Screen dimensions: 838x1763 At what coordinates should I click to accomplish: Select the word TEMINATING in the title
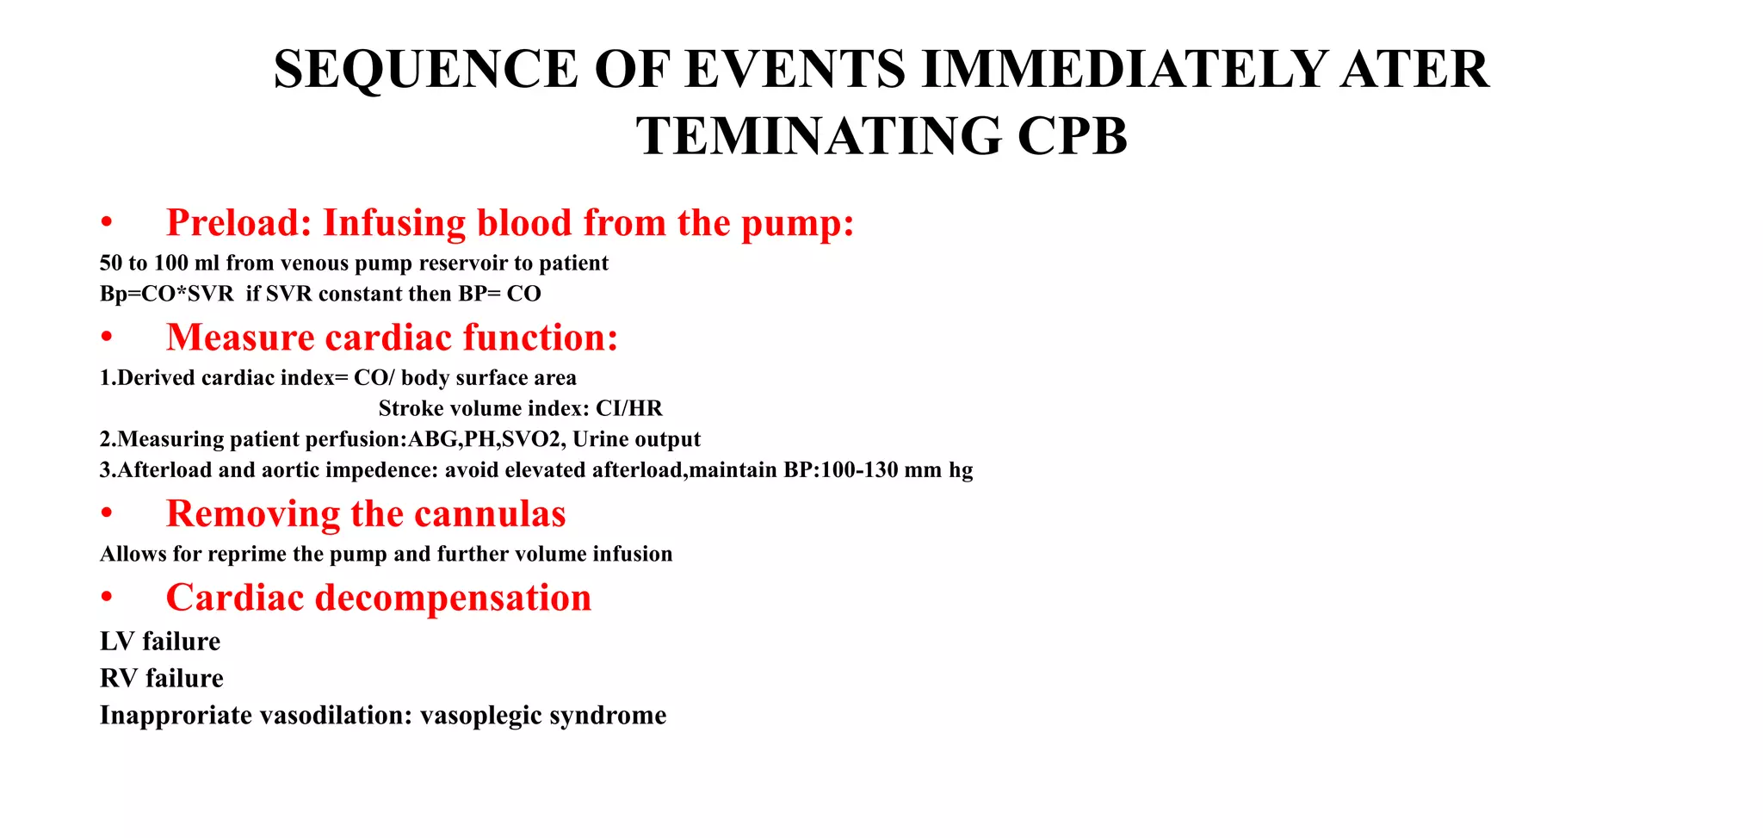[x=819, y=137]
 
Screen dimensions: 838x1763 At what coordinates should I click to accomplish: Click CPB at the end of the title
[x=1072, y=137]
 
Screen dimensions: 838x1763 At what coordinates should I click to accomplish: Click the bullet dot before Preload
[x=107, y=224]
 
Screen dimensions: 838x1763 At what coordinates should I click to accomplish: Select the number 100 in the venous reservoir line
[x=170, y=264]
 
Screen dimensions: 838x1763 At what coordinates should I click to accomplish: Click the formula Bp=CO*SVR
[x=167, y=294]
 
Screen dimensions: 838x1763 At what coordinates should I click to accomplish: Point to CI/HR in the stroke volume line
[x=629, y=408]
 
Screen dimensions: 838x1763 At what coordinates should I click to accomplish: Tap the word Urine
[x=602, y=439]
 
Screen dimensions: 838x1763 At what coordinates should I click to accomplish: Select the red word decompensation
[x=454, y=598]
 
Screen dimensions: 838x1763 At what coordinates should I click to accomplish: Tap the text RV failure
[x=162, y=679]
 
